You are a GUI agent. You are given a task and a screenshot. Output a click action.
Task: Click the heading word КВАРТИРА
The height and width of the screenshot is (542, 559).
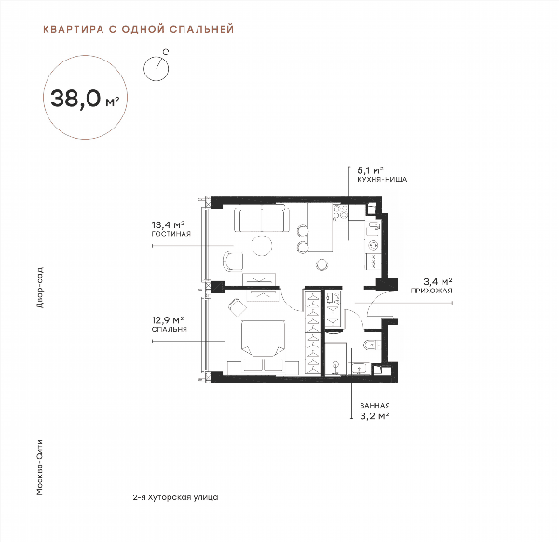[74, 29]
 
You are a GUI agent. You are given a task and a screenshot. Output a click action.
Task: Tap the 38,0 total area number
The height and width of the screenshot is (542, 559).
[75, 98]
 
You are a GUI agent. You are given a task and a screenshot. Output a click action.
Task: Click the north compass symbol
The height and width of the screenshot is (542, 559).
[157, 65]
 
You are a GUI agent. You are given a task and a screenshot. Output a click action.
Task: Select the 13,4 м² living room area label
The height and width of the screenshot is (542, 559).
[169, 224]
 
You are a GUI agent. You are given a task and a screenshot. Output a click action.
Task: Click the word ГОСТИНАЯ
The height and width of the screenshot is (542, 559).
[171, 234]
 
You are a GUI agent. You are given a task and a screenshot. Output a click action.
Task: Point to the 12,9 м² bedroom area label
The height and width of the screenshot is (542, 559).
[168, 320]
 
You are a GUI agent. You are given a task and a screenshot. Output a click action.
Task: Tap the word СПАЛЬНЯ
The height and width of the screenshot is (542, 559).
[169, 329]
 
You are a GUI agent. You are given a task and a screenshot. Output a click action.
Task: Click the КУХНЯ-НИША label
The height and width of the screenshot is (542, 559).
[382, 180]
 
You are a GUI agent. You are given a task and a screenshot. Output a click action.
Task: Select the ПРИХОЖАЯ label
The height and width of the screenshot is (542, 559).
[431, 291]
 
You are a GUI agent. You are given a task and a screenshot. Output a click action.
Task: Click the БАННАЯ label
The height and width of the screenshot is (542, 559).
[375, 405]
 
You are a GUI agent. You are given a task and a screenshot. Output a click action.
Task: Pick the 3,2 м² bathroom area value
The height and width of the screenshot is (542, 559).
[374, 416]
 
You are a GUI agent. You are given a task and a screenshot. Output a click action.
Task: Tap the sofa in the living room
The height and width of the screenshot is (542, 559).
[262, 219]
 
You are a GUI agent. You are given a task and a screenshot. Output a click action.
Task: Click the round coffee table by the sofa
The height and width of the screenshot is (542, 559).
[262, 245]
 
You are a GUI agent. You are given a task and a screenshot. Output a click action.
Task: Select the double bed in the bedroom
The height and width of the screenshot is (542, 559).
[264, 338]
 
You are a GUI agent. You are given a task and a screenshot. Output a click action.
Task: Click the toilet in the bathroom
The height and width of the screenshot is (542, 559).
[371, 345]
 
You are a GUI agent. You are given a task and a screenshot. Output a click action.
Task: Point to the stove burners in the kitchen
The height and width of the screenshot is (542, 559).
[340, 211]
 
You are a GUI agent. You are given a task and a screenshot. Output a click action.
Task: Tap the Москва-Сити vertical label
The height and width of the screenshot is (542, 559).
[40, 467]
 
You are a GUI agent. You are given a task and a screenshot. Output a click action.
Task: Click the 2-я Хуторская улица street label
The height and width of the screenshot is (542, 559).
[175, 497]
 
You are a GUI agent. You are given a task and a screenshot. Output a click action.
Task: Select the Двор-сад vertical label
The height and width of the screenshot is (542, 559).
[40, 287]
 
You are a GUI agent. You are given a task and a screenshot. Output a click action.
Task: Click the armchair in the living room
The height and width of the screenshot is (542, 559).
[232, 261]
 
